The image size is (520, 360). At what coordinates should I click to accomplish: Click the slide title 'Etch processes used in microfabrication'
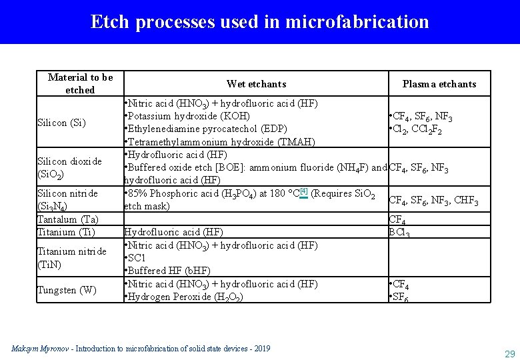[260, 22]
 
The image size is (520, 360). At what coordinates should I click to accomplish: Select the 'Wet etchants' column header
[256, 84]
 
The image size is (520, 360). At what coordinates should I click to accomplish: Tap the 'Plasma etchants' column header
[439, 84]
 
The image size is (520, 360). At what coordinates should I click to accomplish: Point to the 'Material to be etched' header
[81, 83]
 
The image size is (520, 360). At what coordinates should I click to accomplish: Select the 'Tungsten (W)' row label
[67, 290]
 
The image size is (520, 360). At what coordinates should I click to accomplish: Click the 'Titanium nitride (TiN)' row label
[71, 257]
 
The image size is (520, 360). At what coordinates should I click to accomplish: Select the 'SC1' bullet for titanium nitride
[137, 258]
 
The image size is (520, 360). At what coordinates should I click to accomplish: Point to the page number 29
[510, 353]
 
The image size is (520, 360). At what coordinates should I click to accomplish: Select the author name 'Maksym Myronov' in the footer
[38, 349]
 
